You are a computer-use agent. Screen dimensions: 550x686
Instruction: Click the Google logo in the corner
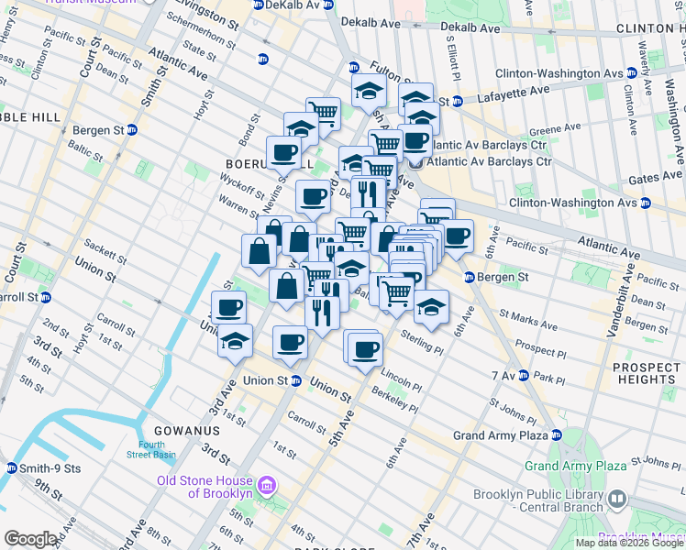point(30,539)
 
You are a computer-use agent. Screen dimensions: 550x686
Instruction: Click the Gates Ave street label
point(655,176)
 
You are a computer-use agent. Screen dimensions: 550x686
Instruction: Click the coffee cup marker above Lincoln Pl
point(365,348)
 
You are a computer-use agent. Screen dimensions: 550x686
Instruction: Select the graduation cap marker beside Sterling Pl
point(430,307)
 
